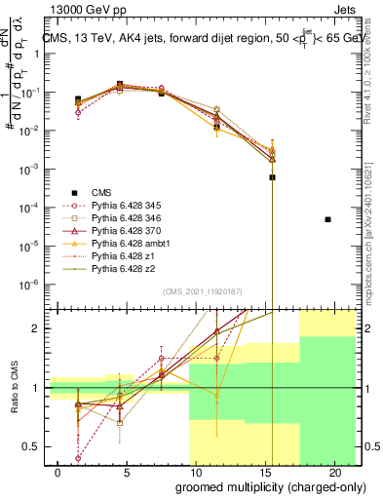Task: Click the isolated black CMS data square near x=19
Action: pyautogui.click(x=327, y=219)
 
